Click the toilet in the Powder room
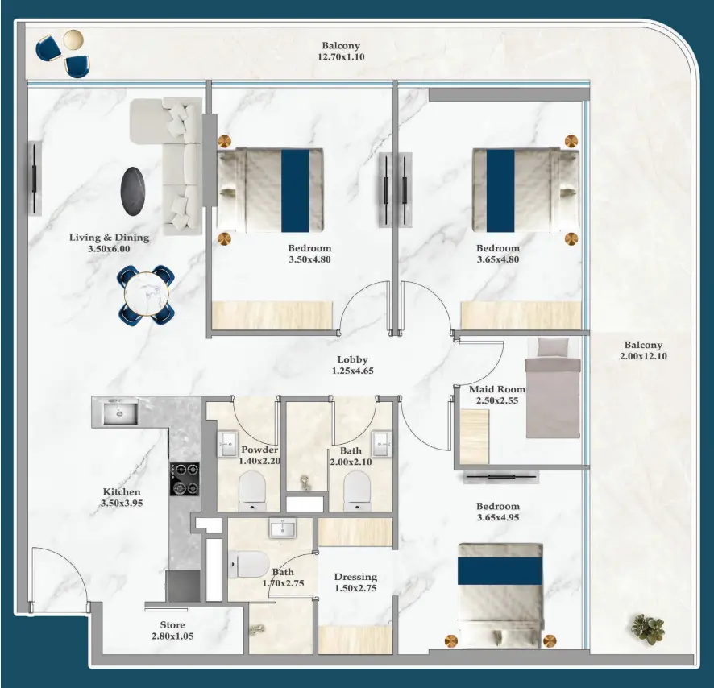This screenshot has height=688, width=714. tap(252, 490)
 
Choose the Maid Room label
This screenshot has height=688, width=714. tap(497, 389)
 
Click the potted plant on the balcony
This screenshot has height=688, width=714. tap(647, 628)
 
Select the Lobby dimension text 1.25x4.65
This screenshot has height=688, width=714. tap(353, 371)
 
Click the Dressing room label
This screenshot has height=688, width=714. tap(355, 577)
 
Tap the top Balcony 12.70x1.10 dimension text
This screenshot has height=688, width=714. tap(341, 57)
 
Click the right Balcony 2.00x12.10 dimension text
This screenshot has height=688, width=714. tap(643, 356)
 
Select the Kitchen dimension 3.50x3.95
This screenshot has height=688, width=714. tap(122, 503)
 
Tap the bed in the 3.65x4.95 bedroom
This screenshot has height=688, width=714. tap(499, 593)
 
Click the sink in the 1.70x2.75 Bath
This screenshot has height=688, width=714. tap(283, 528)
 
